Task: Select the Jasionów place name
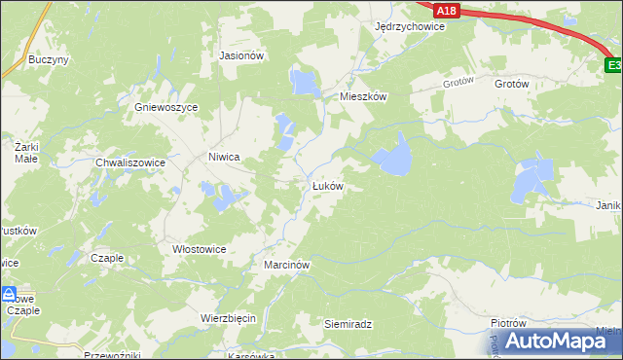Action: click(242, 56)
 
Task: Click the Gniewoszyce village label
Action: click(166, 107)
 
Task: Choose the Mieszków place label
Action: click(363, 97)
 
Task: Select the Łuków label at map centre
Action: click(327, 185)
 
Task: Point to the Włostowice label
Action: click(199, 249)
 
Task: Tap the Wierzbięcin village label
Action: click(228, 318)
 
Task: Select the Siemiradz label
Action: click(349, 323)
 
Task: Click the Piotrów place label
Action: click(508, 323)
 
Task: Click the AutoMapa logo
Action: click(551, 341)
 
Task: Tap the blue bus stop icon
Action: click(9, 293)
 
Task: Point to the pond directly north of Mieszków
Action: click(305, 81)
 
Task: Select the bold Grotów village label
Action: click(511, 85)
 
